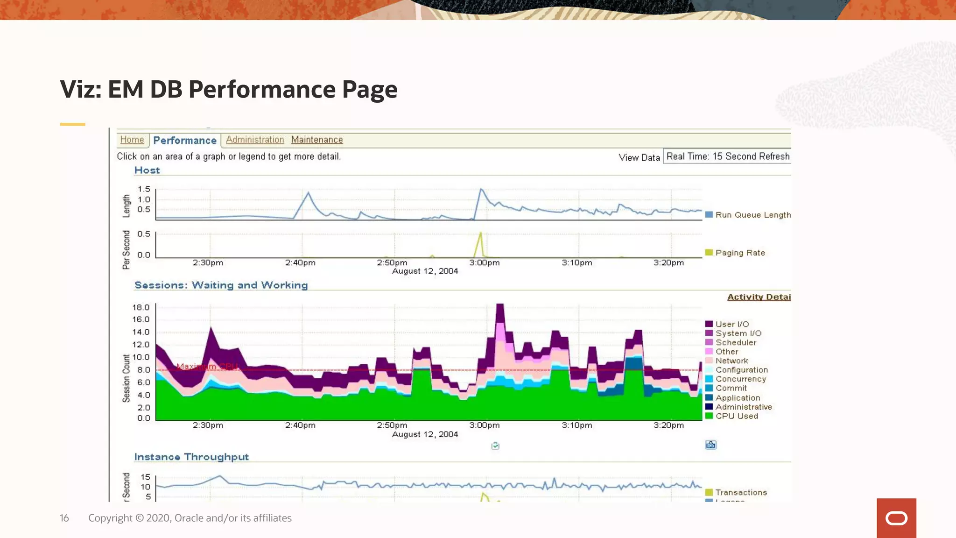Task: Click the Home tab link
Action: [x=132, y=140]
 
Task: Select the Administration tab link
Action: [x=255, y=140]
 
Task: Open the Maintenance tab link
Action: [x=317, y=140]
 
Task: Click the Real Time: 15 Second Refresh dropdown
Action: [x=727, y=156]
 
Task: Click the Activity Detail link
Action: [x=759, y=297]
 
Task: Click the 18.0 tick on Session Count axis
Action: [x=141, y=307]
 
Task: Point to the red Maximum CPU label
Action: [x=207, y=367]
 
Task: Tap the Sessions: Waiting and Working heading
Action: [x=221, y=285]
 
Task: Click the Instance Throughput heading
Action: [x=191, y=457]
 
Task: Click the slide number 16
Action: [x=64, y=518]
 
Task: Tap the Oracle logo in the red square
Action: [x=896, y=518]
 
